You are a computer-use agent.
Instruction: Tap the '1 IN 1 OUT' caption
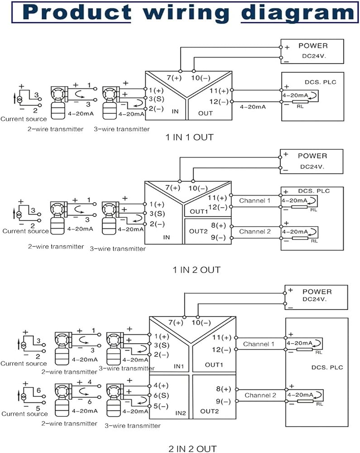(x=189, y=137)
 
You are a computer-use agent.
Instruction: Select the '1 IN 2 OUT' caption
(x=197, y=270)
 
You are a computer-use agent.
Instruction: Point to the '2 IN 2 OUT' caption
(x=192, y=448)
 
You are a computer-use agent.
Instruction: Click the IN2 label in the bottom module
(x=180, y=413)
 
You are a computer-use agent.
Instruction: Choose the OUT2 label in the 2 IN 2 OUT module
(x=210, y=411)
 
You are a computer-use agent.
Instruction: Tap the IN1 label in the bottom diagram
(x=179, y=366)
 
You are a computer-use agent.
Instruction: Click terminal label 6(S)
(x=161, y=395)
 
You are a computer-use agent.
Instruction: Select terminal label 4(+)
(x=161, y=386)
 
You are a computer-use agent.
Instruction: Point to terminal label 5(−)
(x=161, y=406)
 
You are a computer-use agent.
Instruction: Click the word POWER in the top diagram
(x=313, y=46)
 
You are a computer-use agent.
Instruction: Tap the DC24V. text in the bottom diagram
(x=314, y=299)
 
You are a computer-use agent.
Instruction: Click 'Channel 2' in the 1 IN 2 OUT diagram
(x=255, y=231)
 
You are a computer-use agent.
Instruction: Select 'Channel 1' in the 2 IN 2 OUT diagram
(x=259, y=344)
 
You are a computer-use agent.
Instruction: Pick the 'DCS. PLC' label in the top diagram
(x=321, y=82)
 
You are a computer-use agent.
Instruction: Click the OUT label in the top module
(x=206, y=113)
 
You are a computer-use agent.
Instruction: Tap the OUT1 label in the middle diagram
(x=199, y=212)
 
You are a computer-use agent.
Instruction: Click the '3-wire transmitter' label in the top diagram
(x=121, y=129)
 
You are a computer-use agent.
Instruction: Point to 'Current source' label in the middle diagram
(x=25, y=231)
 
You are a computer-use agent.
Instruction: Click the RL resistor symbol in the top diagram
(x=300, y=101)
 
